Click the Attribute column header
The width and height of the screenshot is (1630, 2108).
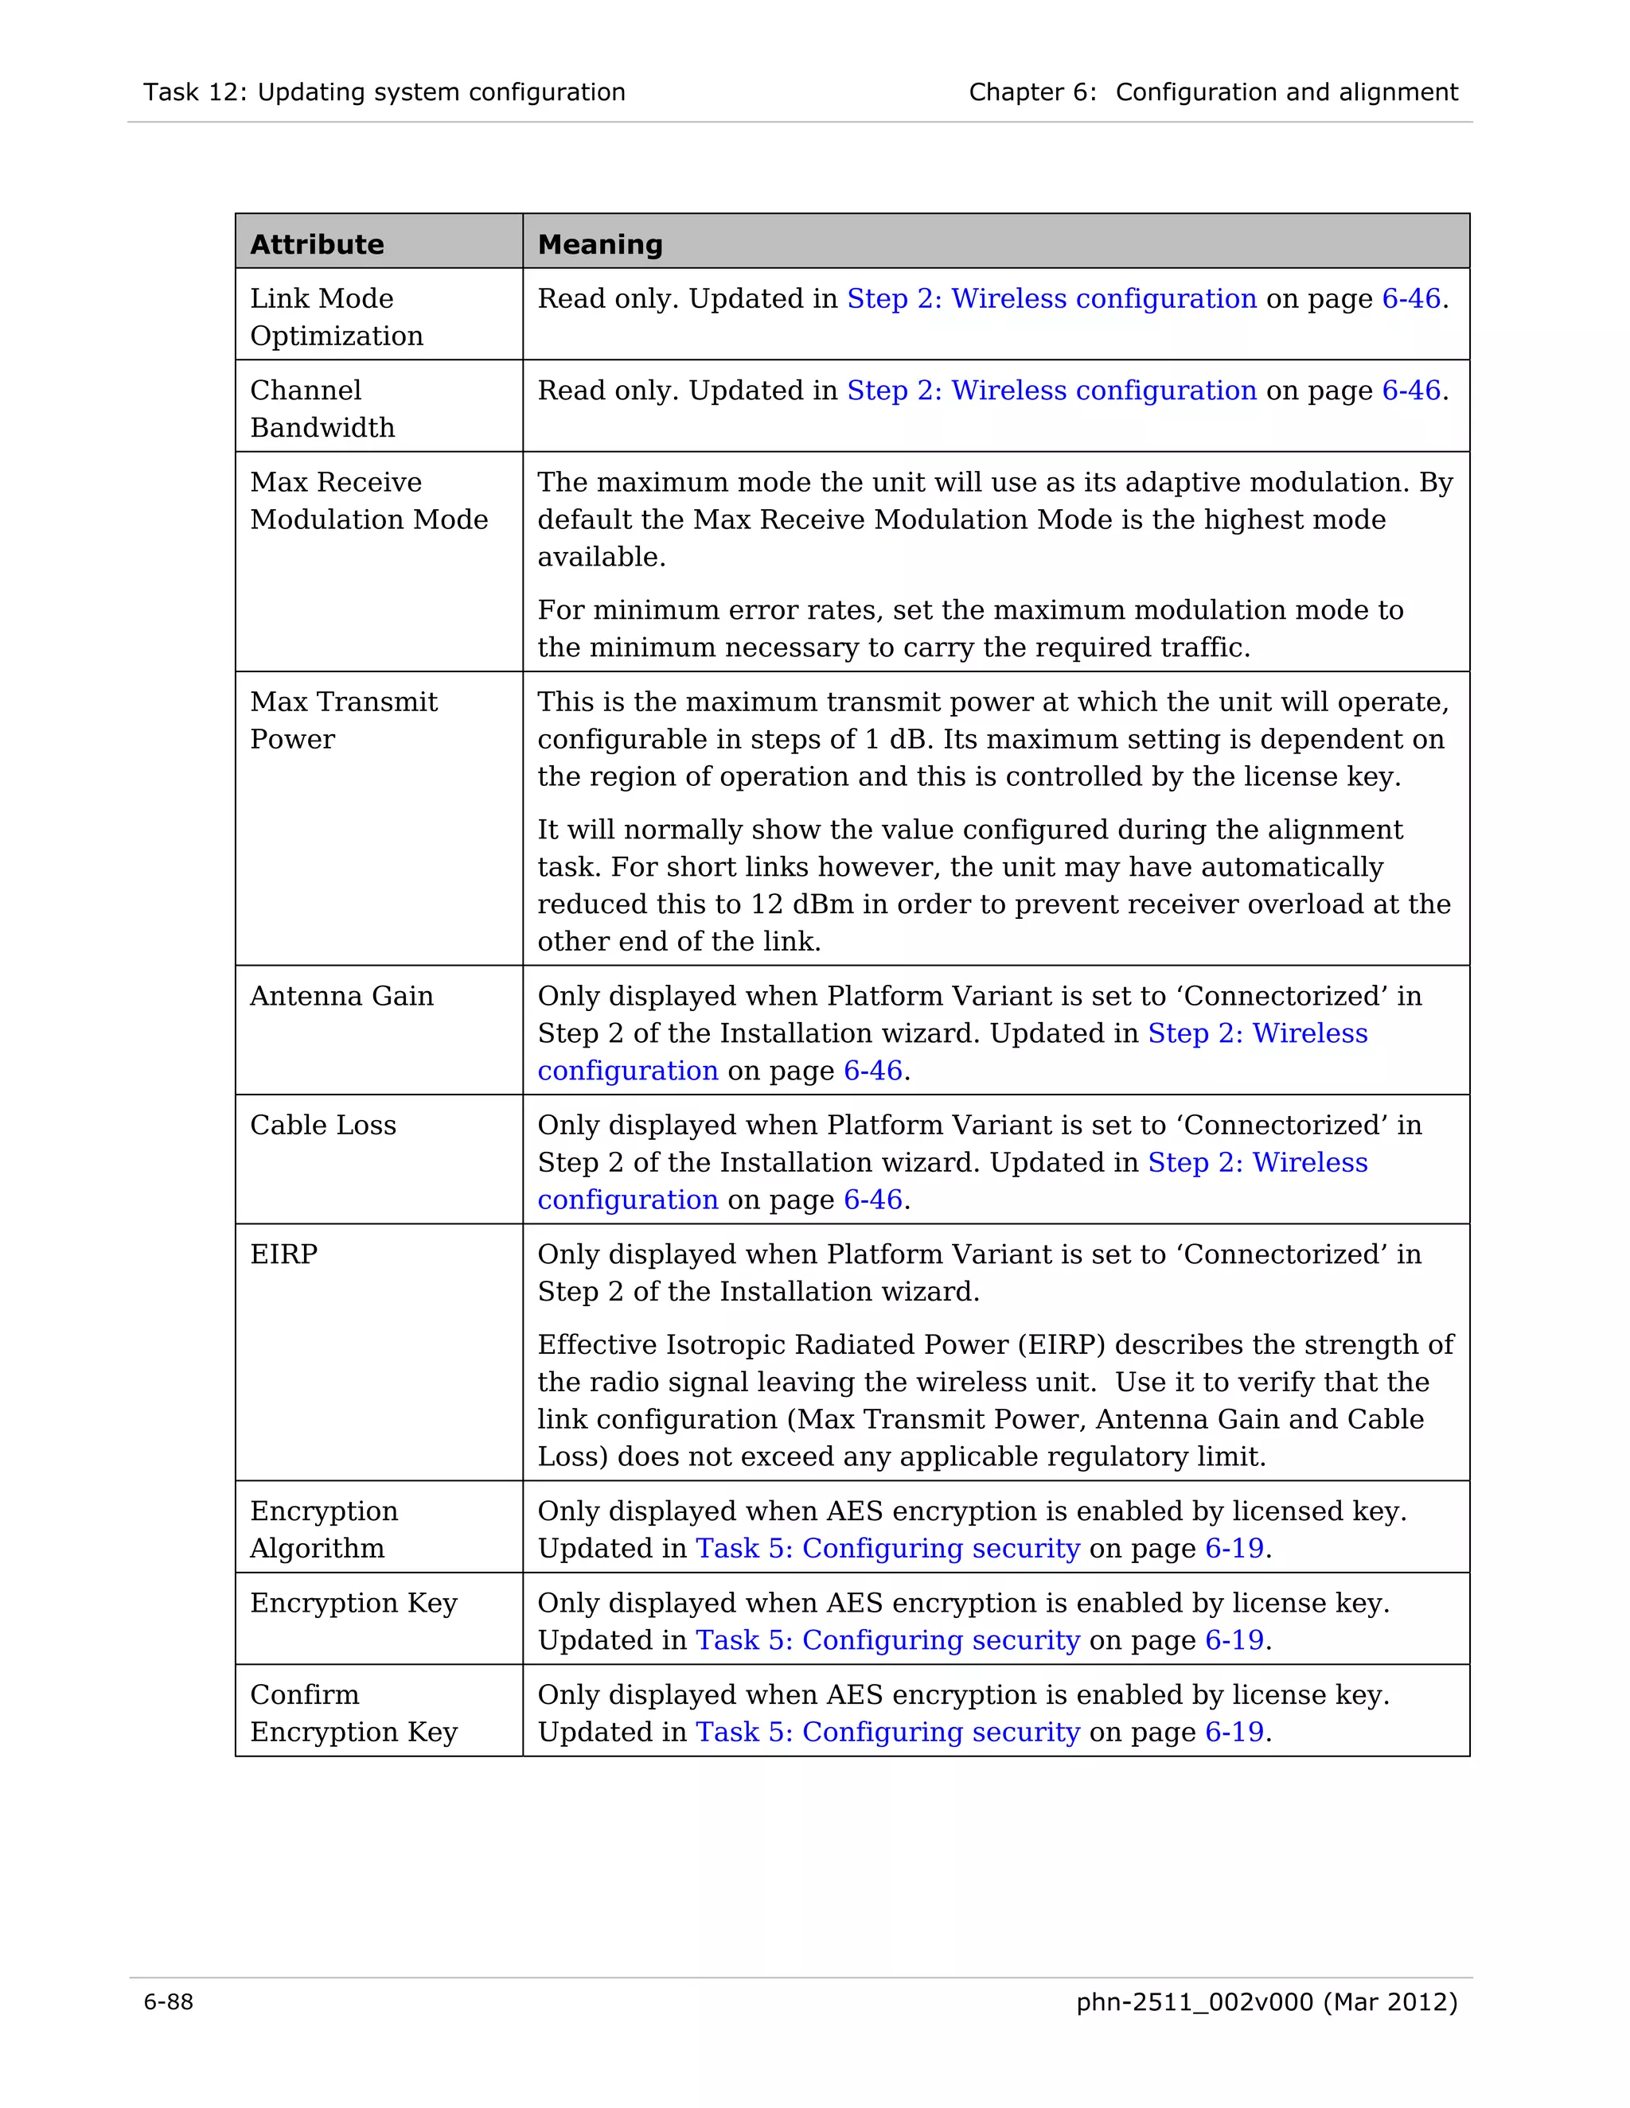pyautogui.click(x=317, y=244)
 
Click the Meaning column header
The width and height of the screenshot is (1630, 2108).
pyautogui.click(x=599, y=244)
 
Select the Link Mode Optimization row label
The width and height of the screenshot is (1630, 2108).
pyautogui.click(x=336, y=317)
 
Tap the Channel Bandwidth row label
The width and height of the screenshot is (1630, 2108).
pyautogui.click(x=322, y=408)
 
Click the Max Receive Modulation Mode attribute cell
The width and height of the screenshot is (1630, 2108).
pyautogui.click(x=368, y=500)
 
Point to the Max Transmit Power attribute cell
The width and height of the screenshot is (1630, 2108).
pyautogui.click(x=343, y=720)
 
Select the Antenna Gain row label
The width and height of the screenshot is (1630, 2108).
pyautogui.click(x=341, y=995)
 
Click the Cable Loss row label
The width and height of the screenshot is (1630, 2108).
pyautogui.click(x=322, y=1125)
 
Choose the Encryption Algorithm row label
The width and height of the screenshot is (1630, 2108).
pyautogui.click(x=323, y=1529)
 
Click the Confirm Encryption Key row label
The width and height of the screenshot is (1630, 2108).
pyautogui.click(x=353, y=1713)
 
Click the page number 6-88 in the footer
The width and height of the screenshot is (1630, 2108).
pyautogui.click(x=168, y=2002)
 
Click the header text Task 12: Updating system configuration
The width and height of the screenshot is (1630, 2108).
pyautogui.click(x=384, y=91)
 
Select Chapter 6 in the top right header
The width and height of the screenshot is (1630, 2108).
pyautogui.click(x=1031, y=91)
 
